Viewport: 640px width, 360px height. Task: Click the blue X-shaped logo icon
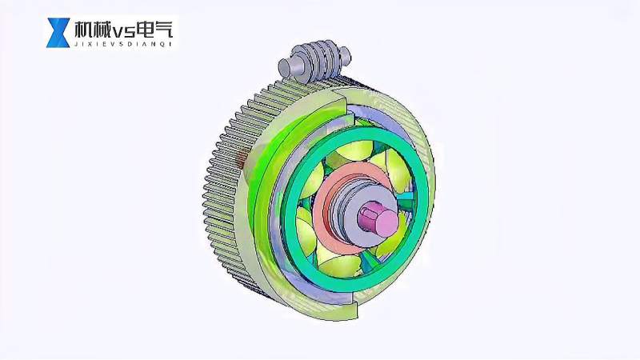click(x=58, y=33)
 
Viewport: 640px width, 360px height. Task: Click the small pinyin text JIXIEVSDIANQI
click(x=122, y=45)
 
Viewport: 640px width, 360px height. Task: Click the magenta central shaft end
click(x=374, y=218)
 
